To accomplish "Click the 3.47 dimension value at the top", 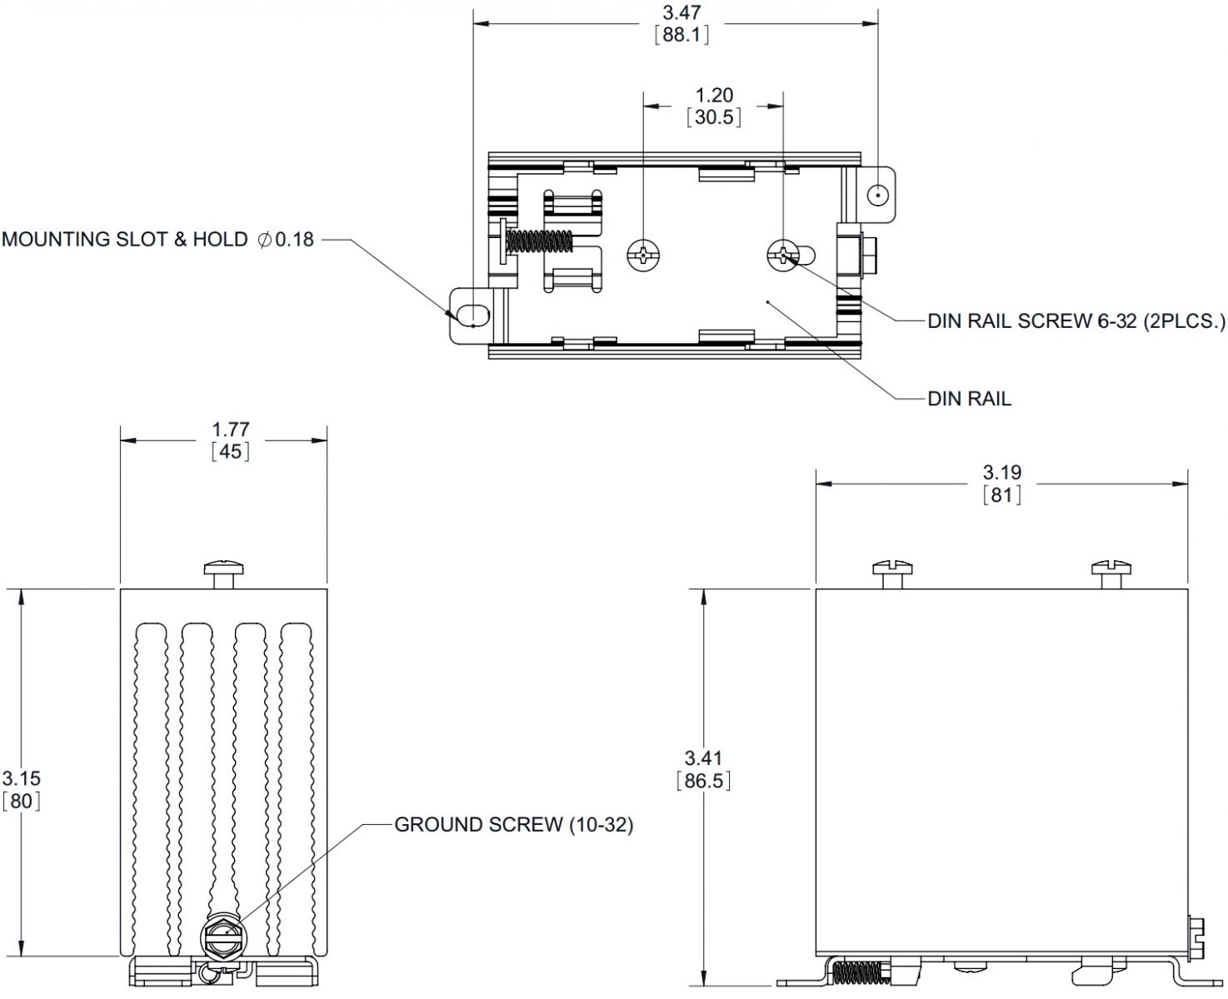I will coord(681,12).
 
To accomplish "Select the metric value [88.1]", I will coord(681,35).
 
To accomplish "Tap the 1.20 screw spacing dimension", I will coord(714,95).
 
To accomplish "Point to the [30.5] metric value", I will coord(714,117).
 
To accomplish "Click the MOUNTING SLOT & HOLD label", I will coord(125,240).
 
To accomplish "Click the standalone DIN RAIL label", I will coord(969,399).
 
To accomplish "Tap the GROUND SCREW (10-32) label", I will coord(513,825).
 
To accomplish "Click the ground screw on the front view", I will coord(221,940).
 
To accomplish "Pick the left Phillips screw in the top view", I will coord(643,255).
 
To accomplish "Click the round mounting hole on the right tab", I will coord(877,196).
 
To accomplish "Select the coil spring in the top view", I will coord(540,241).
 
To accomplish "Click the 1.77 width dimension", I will coord(231,430).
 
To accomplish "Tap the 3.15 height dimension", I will coord(21,778).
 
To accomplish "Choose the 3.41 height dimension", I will coord(703,758).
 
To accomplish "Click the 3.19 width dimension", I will coord(1001,473).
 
